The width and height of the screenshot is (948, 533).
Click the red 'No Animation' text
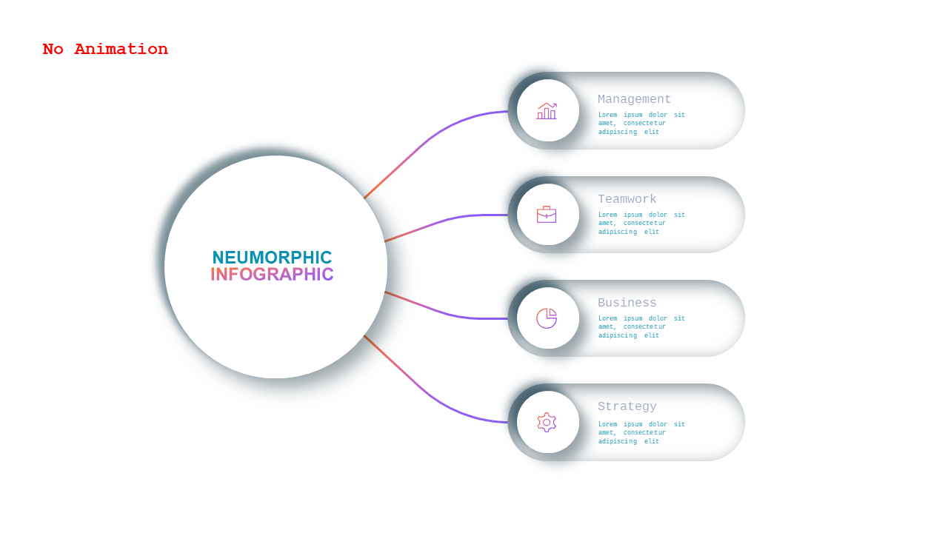pos(105,49)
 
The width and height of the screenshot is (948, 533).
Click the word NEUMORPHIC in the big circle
pos(272,258)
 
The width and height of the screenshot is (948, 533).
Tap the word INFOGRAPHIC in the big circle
pos(272,274)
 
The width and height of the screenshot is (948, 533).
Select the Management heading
pos(634,99)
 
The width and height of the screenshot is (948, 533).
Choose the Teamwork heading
pos(627,199)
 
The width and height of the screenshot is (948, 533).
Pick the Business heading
pos(627,303)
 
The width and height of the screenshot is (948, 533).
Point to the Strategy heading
pos(627,406)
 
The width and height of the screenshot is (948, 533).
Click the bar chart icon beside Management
pos(547,111)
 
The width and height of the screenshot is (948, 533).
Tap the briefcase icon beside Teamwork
pos(547,215)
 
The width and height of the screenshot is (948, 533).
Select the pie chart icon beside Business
pos(547,318)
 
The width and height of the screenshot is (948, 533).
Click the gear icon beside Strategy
pos(547,422)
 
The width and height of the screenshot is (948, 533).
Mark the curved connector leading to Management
pos(427,140)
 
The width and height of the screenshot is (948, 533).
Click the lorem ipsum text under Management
pos(641,123)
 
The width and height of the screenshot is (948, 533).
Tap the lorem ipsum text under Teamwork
pos(641,223)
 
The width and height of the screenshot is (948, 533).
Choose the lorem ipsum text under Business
pos(641,326)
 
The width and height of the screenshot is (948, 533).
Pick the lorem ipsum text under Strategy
pos(641,432)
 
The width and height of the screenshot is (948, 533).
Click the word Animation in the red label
pos(121,49)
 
